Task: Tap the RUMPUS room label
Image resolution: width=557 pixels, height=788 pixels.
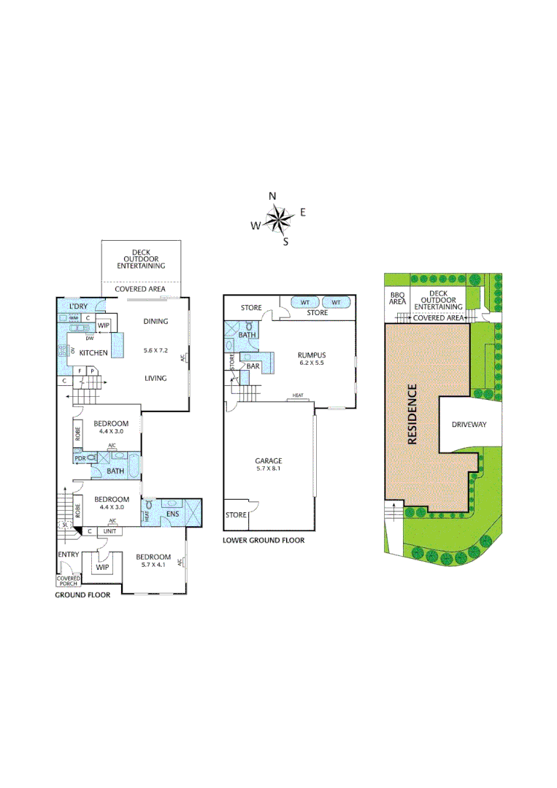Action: coord(311,355)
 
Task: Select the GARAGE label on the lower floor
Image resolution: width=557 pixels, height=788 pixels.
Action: coord(268,460)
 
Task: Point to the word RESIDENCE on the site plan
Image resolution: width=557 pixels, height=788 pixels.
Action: coord(412,414)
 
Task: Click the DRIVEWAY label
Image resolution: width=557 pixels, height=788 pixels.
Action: coord(468,424)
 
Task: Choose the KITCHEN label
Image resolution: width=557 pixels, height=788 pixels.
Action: coord(93,353)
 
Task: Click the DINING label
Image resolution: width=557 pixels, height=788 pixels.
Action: coord(155,321)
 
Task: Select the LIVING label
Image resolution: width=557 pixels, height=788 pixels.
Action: coord(155,378)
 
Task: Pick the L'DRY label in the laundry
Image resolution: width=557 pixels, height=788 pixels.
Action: coord(78,306)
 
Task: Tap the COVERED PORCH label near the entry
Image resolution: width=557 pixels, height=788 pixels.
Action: coord(69,581)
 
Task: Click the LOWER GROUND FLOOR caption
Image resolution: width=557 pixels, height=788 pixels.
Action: coord(264,541)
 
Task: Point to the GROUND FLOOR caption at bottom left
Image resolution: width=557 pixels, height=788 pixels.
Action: coord(83,595)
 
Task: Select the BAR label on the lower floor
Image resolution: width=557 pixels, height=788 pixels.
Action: coord(253,366)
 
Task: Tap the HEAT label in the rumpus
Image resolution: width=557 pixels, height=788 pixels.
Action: coord(298,396)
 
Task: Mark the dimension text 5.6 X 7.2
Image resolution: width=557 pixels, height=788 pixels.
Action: coord(155,351)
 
